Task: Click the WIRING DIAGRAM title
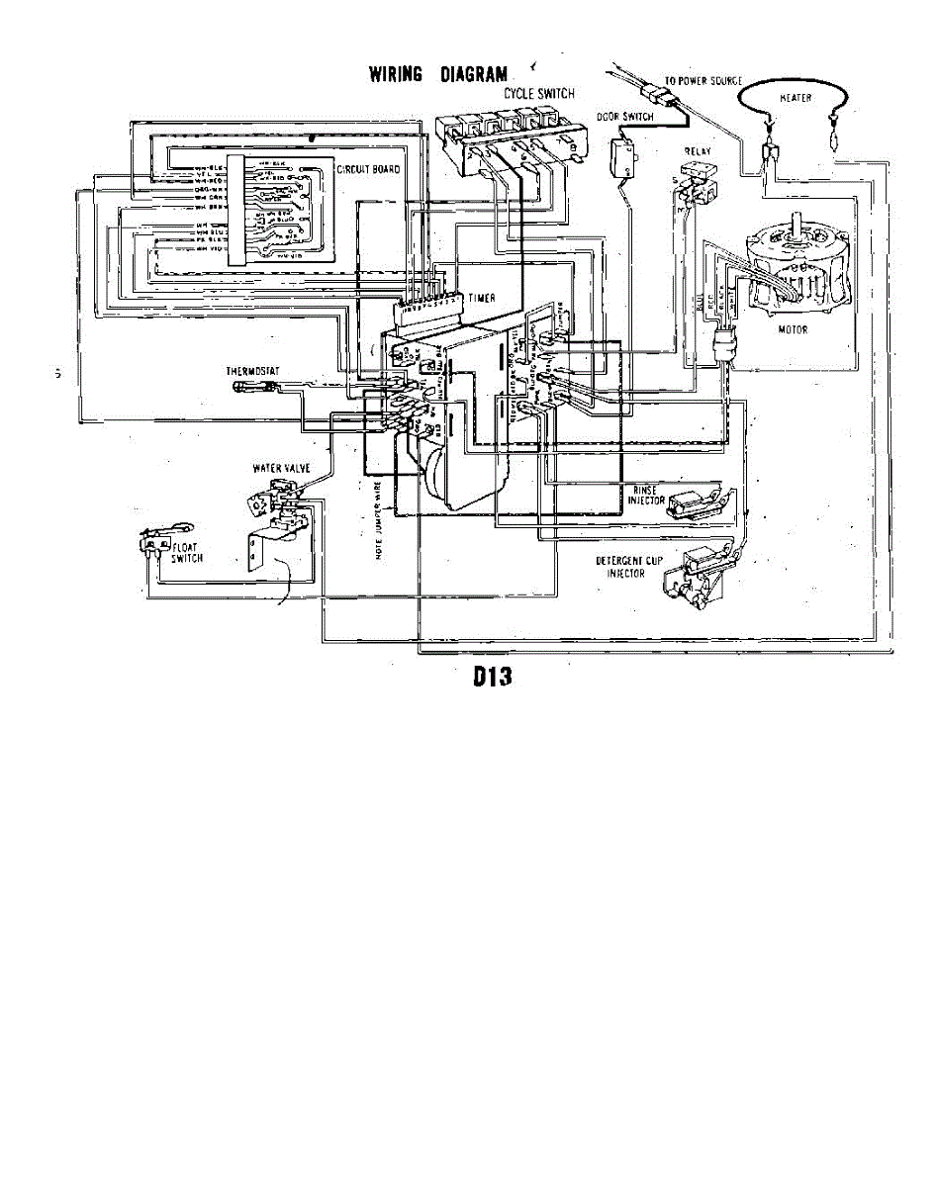437,74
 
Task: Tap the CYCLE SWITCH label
539,93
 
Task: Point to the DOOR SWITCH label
624,117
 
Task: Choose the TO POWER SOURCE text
703,81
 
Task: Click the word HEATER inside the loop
796,98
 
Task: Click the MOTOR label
792,330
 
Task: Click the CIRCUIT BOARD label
369,170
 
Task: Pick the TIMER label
482,298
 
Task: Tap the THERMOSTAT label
254,371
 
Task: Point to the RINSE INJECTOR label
644,496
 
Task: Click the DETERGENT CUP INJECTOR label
629,567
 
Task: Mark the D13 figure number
490,680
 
